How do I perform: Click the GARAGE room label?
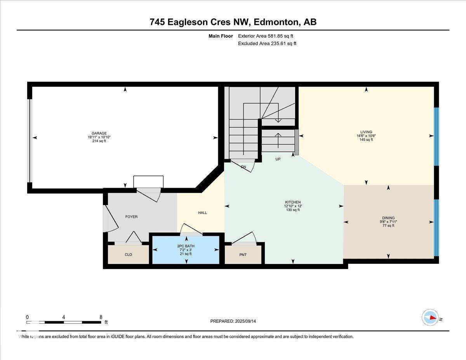(97, 133)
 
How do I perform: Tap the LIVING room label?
(366, 132)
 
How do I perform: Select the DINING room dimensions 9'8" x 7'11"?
(388, 222)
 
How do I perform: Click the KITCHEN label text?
(293, 202)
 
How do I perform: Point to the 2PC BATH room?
(186, 250)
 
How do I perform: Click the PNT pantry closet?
(243, 255)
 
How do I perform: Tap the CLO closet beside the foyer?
(128, 255)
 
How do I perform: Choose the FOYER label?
(131, 217)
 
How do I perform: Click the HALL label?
(202, 213)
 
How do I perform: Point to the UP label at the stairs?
(278, 159)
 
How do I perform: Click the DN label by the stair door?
(243, 167)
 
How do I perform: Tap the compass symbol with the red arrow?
(430, 317)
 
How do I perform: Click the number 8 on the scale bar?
(101, 317)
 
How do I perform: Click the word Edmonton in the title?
(276, 22)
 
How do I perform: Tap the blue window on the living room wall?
(436, 136)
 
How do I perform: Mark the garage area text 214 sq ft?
(97, 141)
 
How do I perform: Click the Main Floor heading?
(221, 36)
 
